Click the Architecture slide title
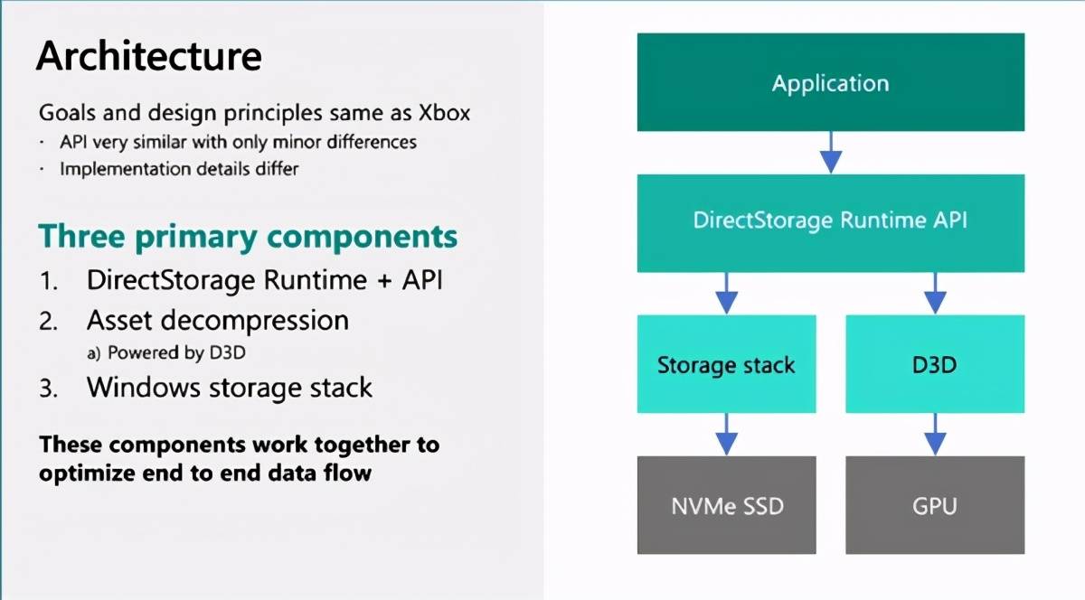pyautogui.click(x=149, y=56)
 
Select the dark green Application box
pyautogui.click(x=831, y=82)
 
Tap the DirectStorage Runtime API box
pyautogui.click(x=831, y=223)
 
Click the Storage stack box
pyautogui.click(x=727, y=364)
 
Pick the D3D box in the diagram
pyautogui.click(x=935, y=364)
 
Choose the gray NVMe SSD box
pyautogui.click(x=727, y=505)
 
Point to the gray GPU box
pyautogui.click(x=935, y=505)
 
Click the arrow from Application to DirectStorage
pyautogui.click(x=831, y=153)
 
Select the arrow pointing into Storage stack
pyautogui.click(x=727, y=294)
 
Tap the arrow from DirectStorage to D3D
pyautogui.click(x=935, y=294)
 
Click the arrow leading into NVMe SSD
pyautogui.click(x=727, y=435)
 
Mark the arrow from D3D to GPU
pyautogui.click(x=935, y=435)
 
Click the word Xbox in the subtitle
pyautogui.click(x=444, y=113)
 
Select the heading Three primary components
pyautogui.click(x=248, y=237)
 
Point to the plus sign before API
pyautogui.click(x=384, y=281)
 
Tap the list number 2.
pyautogui.click(x=48, y=322)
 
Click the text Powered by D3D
pyautogui.click(x=176, y=353)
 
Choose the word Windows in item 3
pyautogui.click(x=144, y=388)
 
